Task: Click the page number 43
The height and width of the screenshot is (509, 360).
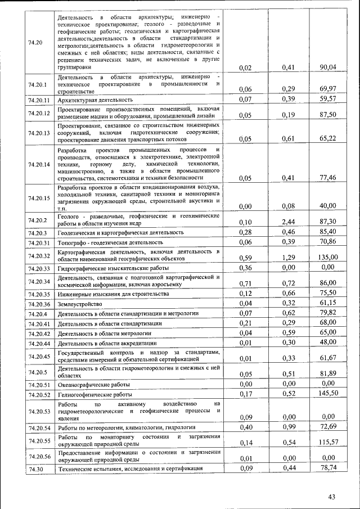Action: point(331,496)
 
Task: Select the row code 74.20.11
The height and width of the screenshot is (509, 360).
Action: point(39,100)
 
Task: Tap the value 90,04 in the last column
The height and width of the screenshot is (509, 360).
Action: point(327,67)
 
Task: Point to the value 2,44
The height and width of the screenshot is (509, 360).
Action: point(289,222)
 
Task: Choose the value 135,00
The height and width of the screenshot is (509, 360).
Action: point(326,257)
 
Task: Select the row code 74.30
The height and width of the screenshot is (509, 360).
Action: point(36,469)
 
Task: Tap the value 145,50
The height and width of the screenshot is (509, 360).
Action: point(326,393)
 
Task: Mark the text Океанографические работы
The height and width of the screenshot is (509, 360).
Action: point(94,385)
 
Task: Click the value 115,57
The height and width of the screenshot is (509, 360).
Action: point(326,443)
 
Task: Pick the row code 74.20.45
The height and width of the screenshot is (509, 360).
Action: point(39,356)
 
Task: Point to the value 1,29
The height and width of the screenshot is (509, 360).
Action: point(289,257)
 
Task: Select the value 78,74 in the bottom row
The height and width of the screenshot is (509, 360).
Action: point(327,468)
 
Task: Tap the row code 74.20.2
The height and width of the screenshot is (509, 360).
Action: point(38,219)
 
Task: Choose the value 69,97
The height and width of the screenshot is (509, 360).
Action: point(327,89)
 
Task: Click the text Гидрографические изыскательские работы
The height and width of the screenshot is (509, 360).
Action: point(113,268)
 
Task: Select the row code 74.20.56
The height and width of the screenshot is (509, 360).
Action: point(39,456)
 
